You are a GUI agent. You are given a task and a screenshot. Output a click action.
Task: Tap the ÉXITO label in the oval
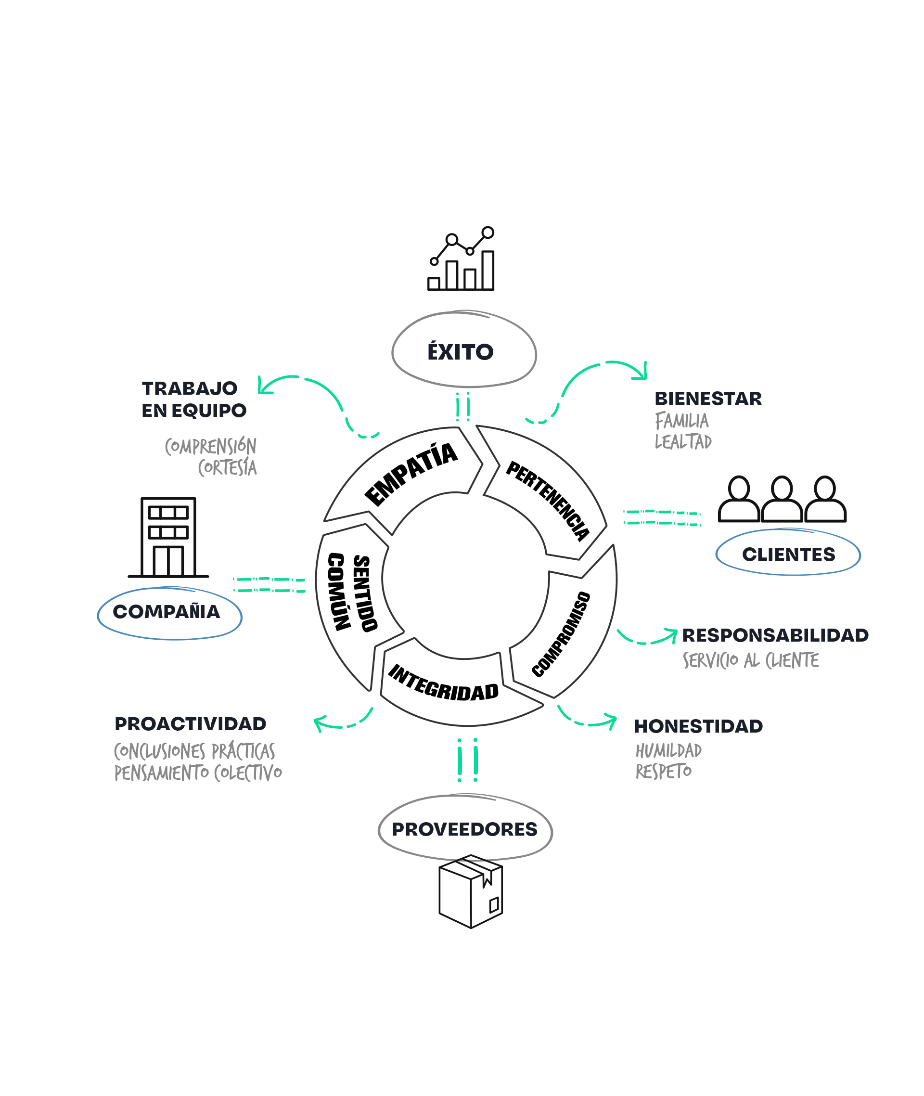(x=461, y=352)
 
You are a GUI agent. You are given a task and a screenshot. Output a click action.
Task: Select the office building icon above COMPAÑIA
(x=168, y=538)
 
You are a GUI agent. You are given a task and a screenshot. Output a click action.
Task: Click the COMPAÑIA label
(x=167, y=612)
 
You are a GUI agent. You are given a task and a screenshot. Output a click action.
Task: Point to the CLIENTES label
(x=788, y=554)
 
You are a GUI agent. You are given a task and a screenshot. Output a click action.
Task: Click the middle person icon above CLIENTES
(x=782, y=499)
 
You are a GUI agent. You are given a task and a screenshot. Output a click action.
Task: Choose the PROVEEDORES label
(x=464, y=829)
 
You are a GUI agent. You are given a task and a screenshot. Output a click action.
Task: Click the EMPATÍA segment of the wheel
(x=411, y=474)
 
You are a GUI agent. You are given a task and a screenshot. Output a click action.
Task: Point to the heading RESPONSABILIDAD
(x=775, y=635)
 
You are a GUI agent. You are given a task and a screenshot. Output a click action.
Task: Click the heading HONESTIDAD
(x=698, y=726)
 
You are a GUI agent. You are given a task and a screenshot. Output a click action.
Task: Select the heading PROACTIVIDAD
(x=191, y=723)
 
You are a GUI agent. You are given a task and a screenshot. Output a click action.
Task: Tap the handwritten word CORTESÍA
(x=227, y=467)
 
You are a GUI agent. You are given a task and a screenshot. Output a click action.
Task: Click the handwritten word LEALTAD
(x=683, y=442)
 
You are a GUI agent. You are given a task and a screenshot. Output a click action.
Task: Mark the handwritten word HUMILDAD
(x=668, y=750)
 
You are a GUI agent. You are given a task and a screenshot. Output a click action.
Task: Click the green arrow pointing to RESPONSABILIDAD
(x=647, y=637)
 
